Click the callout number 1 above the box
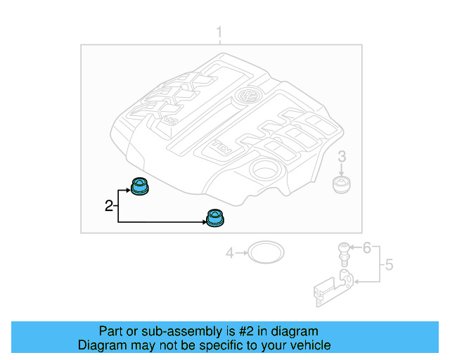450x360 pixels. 219,32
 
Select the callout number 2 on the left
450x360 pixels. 109,205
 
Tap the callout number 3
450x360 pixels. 342,156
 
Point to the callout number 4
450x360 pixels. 229,252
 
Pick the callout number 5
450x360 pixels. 388,266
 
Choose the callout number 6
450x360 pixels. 366,247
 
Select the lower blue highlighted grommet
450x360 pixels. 214,219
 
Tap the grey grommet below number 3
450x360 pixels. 342,186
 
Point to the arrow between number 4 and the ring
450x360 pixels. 240,252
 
